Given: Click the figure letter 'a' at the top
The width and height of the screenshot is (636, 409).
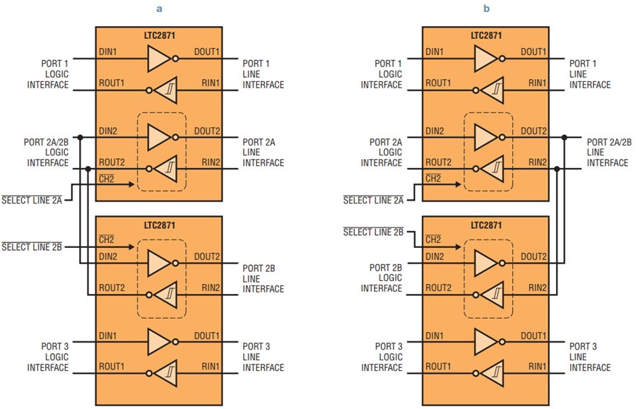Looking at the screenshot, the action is [x=160, y=9].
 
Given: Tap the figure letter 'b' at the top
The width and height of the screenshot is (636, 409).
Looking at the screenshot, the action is [x=486, y=8].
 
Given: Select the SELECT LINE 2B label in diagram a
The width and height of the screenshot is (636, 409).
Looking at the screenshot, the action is [x=32, y=247].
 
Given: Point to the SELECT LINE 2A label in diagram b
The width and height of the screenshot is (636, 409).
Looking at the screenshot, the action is [x=373, y=200].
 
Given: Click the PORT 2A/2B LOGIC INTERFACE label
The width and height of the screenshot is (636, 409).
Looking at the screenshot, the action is [x=46, y=153].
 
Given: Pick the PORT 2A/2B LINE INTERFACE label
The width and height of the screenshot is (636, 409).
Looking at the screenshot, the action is [x=609, y=153].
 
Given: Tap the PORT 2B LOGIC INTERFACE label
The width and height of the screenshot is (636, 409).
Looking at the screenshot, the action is [x=382, y=278].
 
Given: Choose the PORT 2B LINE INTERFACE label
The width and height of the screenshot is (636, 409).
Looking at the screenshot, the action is [x=264, y=279].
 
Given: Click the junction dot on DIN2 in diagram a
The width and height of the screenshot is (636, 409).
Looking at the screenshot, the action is [x=81, y=138].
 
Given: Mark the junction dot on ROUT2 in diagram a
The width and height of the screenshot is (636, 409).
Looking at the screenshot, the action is [x=88, y=169].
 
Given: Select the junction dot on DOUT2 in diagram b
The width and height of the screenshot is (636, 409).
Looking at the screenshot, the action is [x=564, y=138].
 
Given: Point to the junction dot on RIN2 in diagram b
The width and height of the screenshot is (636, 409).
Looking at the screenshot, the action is [x=557, y=169].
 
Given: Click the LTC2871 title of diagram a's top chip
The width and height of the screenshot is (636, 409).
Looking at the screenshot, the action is [x=160, y=35].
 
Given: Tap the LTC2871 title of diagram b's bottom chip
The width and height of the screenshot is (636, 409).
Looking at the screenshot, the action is [x=486, y=225].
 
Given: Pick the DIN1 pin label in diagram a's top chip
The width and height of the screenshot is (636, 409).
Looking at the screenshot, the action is [x=107, y=52].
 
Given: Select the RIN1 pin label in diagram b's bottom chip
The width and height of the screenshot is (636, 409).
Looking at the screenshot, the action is [x=537, y=367].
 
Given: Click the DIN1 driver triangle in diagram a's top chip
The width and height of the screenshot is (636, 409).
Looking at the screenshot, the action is [x=158, y=59].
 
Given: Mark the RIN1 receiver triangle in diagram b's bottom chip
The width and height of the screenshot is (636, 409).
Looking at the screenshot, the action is [x=492, y=374].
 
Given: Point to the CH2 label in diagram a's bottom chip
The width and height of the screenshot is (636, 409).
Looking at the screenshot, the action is [x=106, y=239].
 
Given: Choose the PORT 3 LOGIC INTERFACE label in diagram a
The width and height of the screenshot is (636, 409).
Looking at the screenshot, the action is [x=48, y=357].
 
